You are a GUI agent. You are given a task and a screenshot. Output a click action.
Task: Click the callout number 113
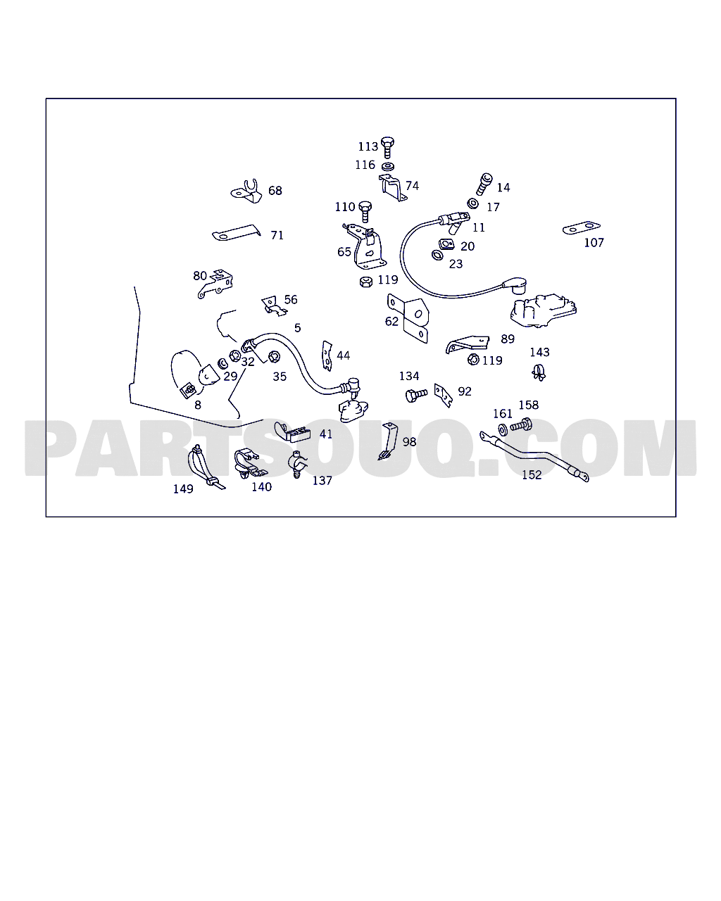coord(368,146)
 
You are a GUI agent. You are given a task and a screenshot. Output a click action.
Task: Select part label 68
coord(275,191)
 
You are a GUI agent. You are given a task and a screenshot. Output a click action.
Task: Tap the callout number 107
coord(594,242)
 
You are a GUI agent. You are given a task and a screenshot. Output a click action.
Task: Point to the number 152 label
coord(532,475)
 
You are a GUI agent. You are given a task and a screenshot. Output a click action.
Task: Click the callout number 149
coord(183,489)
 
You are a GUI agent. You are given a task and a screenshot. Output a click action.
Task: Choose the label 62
coord(391,321)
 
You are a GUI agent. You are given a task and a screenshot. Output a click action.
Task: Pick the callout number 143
coord(539,352)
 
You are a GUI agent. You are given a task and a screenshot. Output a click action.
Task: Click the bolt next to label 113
coord(387,145)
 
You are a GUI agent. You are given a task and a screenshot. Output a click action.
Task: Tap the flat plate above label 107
coord(581,228)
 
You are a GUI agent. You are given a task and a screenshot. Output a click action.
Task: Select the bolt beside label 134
coord(415,394)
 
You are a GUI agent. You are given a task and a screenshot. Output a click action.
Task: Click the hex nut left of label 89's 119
coord(473,360)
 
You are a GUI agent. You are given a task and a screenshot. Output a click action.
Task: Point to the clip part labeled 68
coord(247,191)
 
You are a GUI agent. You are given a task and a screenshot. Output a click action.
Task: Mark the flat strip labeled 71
coord(237,233)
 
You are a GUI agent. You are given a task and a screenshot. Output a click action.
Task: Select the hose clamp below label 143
coord(539,372)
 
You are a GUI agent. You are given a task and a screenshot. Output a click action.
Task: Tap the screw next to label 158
coord(521,425)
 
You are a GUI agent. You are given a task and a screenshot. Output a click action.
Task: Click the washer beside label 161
coord(503,429)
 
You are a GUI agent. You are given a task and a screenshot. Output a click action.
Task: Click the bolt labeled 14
coord(484,184)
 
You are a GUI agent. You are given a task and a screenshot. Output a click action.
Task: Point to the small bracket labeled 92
coord(442,395)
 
